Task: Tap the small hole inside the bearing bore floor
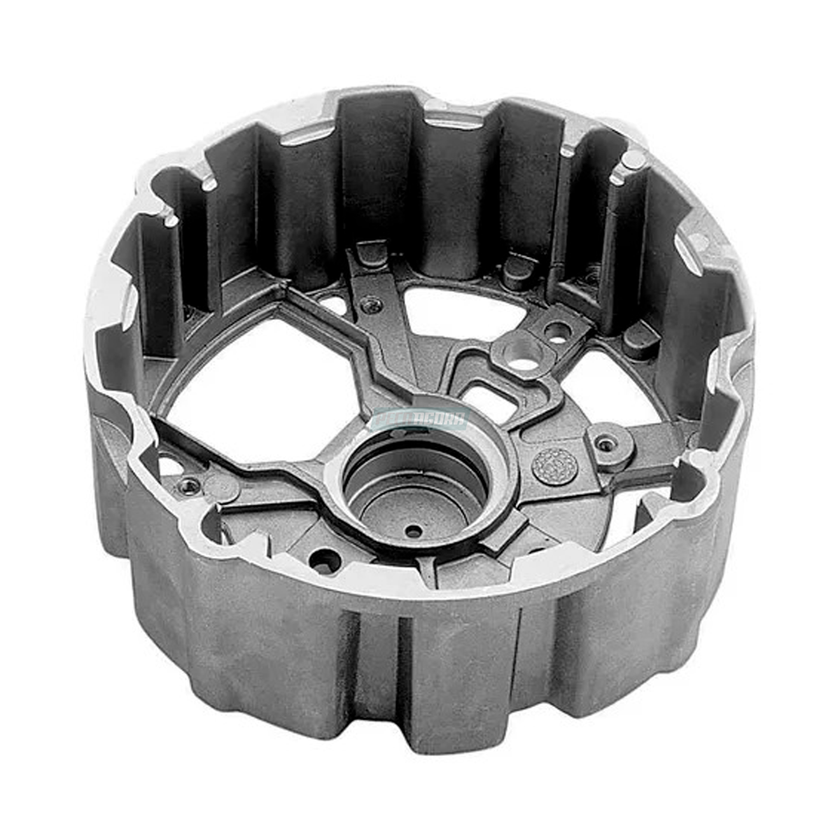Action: coord(414,531)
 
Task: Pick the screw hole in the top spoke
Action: coord(370,304)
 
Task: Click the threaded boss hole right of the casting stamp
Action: coord(605,443)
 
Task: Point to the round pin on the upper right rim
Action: coord(634,160)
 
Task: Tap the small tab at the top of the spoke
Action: coord(372,253)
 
